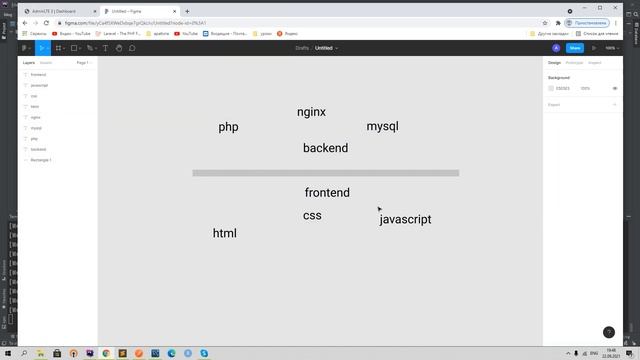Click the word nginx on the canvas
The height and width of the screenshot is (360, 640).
(x=311, y=112)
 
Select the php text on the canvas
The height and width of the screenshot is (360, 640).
(x=228, y=127)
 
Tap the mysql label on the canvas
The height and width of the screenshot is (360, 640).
(x=382, y=127)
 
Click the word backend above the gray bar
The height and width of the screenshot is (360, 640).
(x=325, y=148)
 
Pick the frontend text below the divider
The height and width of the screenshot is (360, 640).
(x=327, y=192)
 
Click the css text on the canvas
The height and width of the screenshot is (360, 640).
(x=312, y=215)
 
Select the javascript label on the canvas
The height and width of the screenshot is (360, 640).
(x=405, y=219)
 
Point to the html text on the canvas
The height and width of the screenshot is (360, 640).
(x=224, y=233)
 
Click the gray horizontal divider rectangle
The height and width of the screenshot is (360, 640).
(x=325, y=173)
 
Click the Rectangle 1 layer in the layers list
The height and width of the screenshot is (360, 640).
(x=41, y=160)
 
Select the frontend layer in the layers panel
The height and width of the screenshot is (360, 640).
(x=39, y=75)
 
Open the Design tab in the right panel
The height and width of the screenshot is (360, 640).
(x=554, y=62)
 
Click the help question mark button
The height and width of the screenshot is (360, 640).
(x=608, y=332)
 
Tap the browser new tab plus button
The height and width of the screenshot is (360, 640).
(x=187, y=11)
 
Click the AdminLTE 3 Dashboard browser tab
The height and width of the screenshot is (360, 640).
(x=55, y=11)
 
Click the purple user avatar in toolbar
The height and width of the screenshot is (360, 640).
(x=556, y=47)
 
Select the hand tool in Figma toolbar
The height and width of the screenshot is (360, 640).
(x=119, y=47)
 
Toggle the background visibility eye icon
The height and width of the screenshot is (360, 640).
(x=615, y=88)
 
